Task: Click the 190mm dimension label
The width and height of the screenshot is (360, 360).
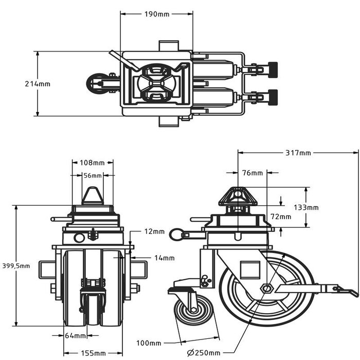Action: (x=156, y=14)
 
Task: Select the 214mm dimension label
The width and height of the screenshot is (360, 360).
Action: (x=38, y=84)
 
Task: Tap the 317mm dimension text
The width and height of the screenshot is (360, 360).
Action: (x=298, y=153)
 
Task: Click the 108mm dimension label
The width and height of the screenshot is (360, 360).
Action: (x=92, y=163)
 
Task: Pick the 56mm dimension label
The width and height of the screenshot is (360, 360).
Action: (x=93, y=175)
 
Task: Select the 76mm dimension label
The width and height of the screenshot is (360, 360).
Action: (x=253, y=173)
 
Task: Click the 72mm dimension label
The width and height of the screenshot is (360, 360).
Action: (x=281, y=217)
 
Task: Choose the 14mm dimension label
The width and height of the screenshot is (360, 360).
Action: (x=164, y=258)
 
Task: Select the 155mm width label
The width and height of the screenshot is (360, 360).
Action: (x=93, y=353)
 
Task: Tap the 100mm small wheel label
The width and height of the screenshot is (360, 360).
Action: (x=149, y=343)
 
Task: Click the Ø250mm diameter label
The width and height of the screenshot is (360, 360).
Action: (x=205, y=353)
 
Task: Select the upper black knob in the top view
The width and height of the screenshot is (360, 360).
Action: (x=272, y=67)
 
